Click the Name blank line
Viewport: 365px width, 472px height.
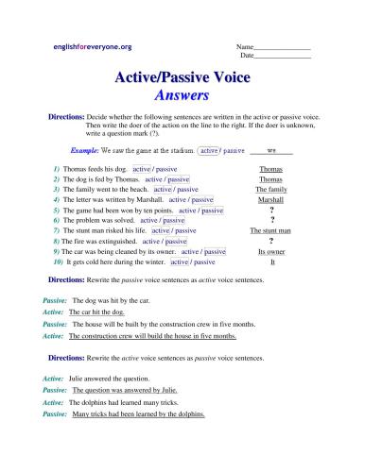point(284,47)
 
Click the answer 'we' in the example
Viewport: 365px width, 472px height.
point(271,149)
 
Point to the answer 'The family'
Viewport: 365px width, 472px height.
point(271,189)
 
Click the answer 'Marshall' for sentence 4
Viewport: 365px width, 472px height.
point(271,200)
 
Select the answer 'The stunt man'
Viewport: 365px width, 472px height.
point(271,229)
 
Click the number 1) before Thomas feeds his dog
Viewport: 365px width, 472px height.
point(58,167)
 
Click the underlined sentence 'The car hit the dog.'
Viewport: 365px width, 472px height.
point(97,311)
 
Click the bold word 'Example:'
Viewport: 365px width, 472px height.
point(89,150)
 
